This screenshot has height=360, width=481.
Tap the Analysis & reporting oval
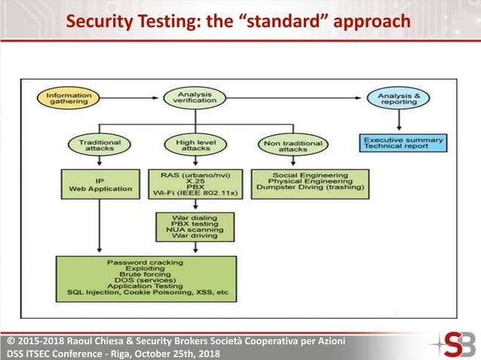pyautogui.click(x=398, y=98)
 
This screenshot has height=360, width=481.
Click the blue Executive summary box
pyautogui.click(x=403, y=142)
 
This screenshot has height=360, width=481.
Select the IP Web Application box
pyautogui.click(x=100, y=183)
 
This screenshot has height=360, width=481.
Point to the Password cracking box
pyautogui.click(x=146, y=279)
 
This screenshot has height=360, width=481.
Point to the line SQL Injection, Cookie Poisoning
pyautogui.click(x=146, y=293)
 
